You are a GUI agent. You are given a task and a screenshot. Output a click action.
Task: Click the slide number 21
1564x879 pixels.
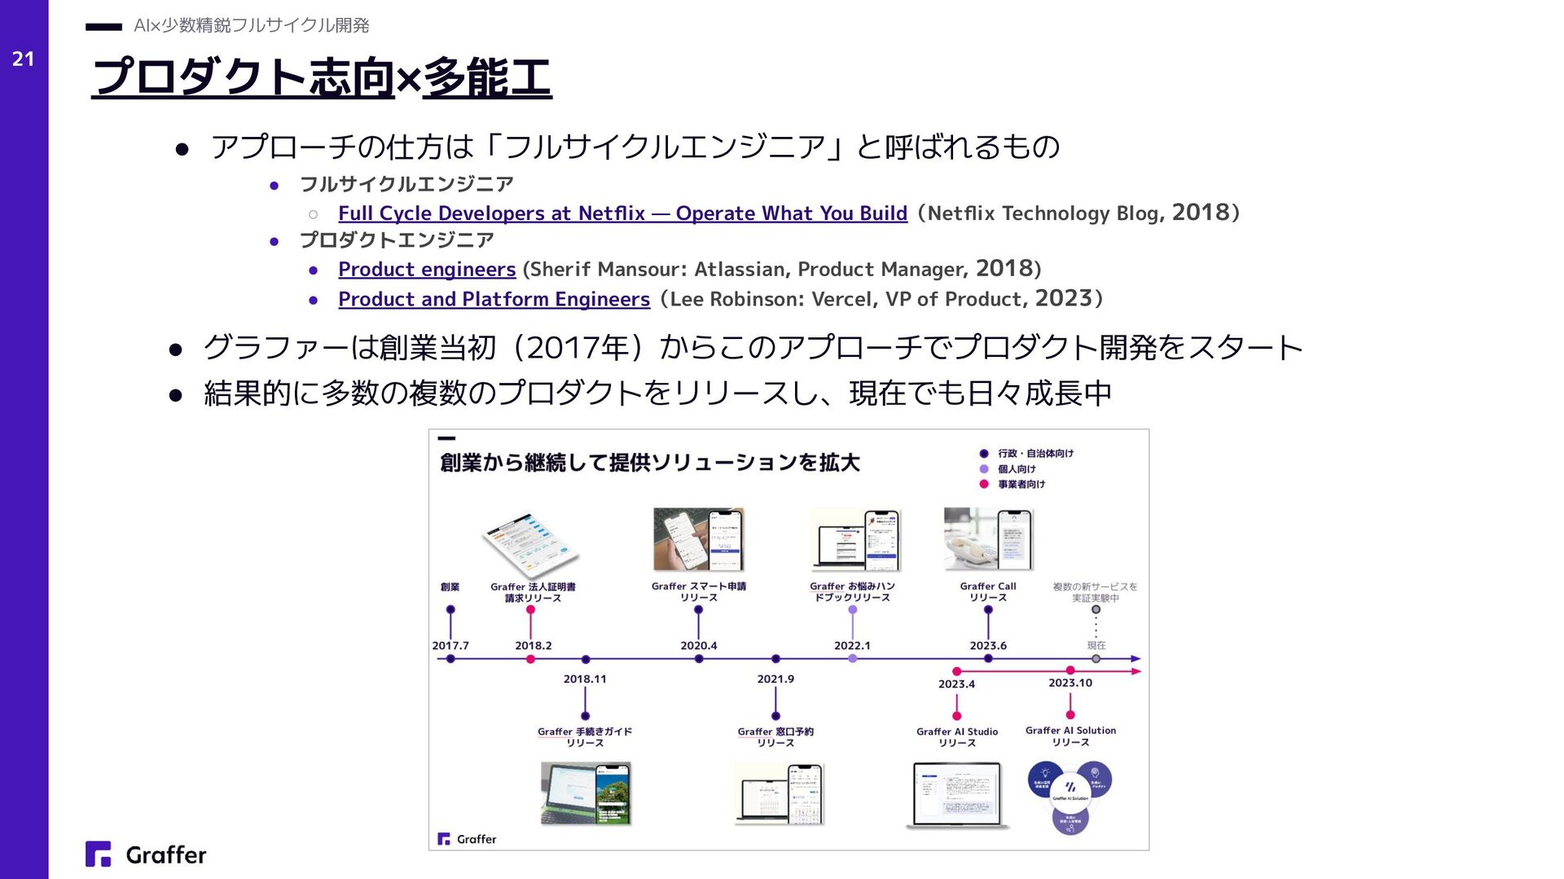click(x=23, y=59)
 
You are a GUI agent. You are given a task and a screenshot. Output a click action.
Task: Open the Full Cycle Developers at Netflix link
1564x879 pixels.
click(x=622, y=213)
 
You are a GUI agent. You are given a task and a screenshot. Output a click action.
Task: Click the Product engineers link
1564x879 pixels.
click(x=427, y=270)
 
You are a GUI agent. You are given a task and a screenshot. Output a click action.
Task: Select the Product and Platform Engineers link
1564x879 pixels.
click(x=494, y=300)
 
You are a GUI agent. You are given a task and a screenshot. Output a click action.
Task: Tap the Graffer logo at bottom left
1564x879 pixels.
click(x=147, y=855)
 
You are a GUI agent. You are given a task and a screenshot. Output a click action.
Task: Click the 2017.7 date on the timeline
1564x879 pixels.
click(x=450, y=645)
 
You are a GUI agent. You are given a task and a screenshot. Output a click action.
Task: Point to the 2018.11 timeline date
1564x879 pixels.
click(x=585, y=679)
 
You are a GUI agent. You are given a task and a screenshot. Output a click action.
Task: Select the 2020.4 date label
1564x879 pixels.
click(x=699, y=645)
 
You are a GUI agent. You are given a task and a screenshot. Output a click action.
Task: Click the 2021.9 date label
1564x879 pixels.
click(x=775, y=679)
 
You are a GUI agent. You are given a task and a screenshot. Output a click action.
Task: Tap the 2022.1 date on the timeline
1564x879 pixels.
click(x=852, y=645)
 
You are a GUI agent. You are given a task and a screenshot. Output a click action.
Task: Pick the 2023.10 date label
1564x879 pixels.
click(x=1070, y=683)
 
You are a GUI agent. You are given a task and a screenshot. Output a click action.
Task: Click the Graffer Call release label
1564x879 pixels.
click(x=988, y=591)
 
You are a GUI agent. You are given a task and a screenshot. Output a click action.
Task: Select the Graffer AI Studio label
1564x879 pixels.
click(x=957, y=736)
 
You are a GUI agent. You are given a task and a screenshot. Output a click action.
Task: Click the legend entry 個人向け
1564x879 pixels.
click(x=1017, y=469)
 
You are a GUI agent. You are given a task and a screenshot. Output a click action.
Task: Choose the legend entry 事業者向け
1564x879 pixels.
click(x=1021, y=484)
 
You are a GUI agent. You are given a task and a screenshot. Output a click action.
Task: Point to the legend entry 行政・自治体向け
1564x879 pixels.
click(x=1035, y=454)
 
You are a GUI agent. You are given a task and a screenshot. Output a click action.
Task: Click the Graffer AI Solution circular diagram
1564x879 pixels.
click(x=1070, y=796)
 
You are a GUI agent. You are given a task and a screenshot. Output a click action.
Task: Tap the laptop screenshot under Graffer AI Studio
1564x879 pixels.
click(x=957, y=794)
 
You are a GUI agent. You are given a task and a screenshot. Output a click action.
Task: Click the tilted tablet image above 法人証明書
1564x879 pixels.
click(x=530, y=545)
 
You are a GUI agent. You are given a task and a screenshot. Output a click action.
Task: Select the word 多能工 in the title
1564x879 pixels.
click(x=487, y=78)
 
